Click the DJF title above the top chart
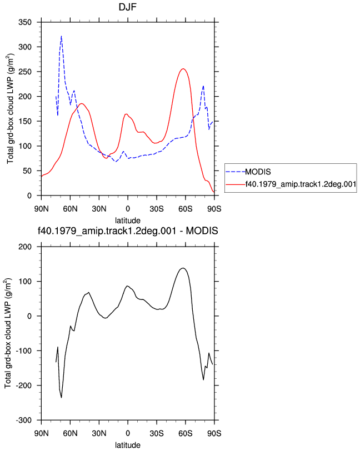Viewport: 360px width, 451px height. coord(127,7)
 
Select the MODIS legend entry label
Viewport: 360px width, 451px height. coord(258,172)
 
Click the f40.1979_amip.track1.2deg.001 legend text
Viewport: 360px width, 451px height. coord(301,184)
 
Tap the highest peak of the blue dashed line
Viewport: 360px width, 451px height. coord(61,36)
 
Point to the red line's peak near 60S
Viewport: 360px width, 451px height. coord(183,69)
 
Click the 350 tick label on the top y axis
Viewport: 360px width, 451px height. coord(25,22)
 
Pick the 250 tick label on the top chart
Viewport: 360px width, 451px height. coord(25,72)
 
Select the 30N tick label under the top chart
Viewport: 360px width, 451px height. coord(99,208)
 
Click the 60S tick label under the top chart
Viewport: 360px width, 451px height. coord(186,208)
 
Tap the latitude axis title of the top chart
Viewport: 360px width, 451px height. coord(128,221)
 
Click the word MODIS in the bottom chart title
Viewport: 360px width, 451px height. coord(202,230)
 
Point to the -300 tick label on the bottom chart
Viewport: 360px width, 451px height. coord(23,420)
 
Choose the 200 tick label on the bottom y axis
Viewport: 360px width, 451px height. coord(25,247)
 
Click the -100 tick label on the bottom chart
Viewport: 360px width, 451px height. coord(23,351)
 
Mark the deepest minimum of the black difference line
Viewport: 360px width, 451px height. coord(61,398)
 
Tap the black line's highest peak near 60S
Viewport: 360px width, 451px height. coord(183,268)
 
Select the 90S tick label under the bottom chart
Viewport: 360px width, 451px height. coord(214,433)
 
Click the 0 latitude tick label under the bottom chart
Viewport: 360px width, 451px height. coord(128,433)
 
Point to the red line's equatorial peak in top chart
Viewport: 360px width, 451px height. coord(126,114)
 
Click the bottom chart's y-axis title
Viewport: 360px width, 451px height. coord(8,333)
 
